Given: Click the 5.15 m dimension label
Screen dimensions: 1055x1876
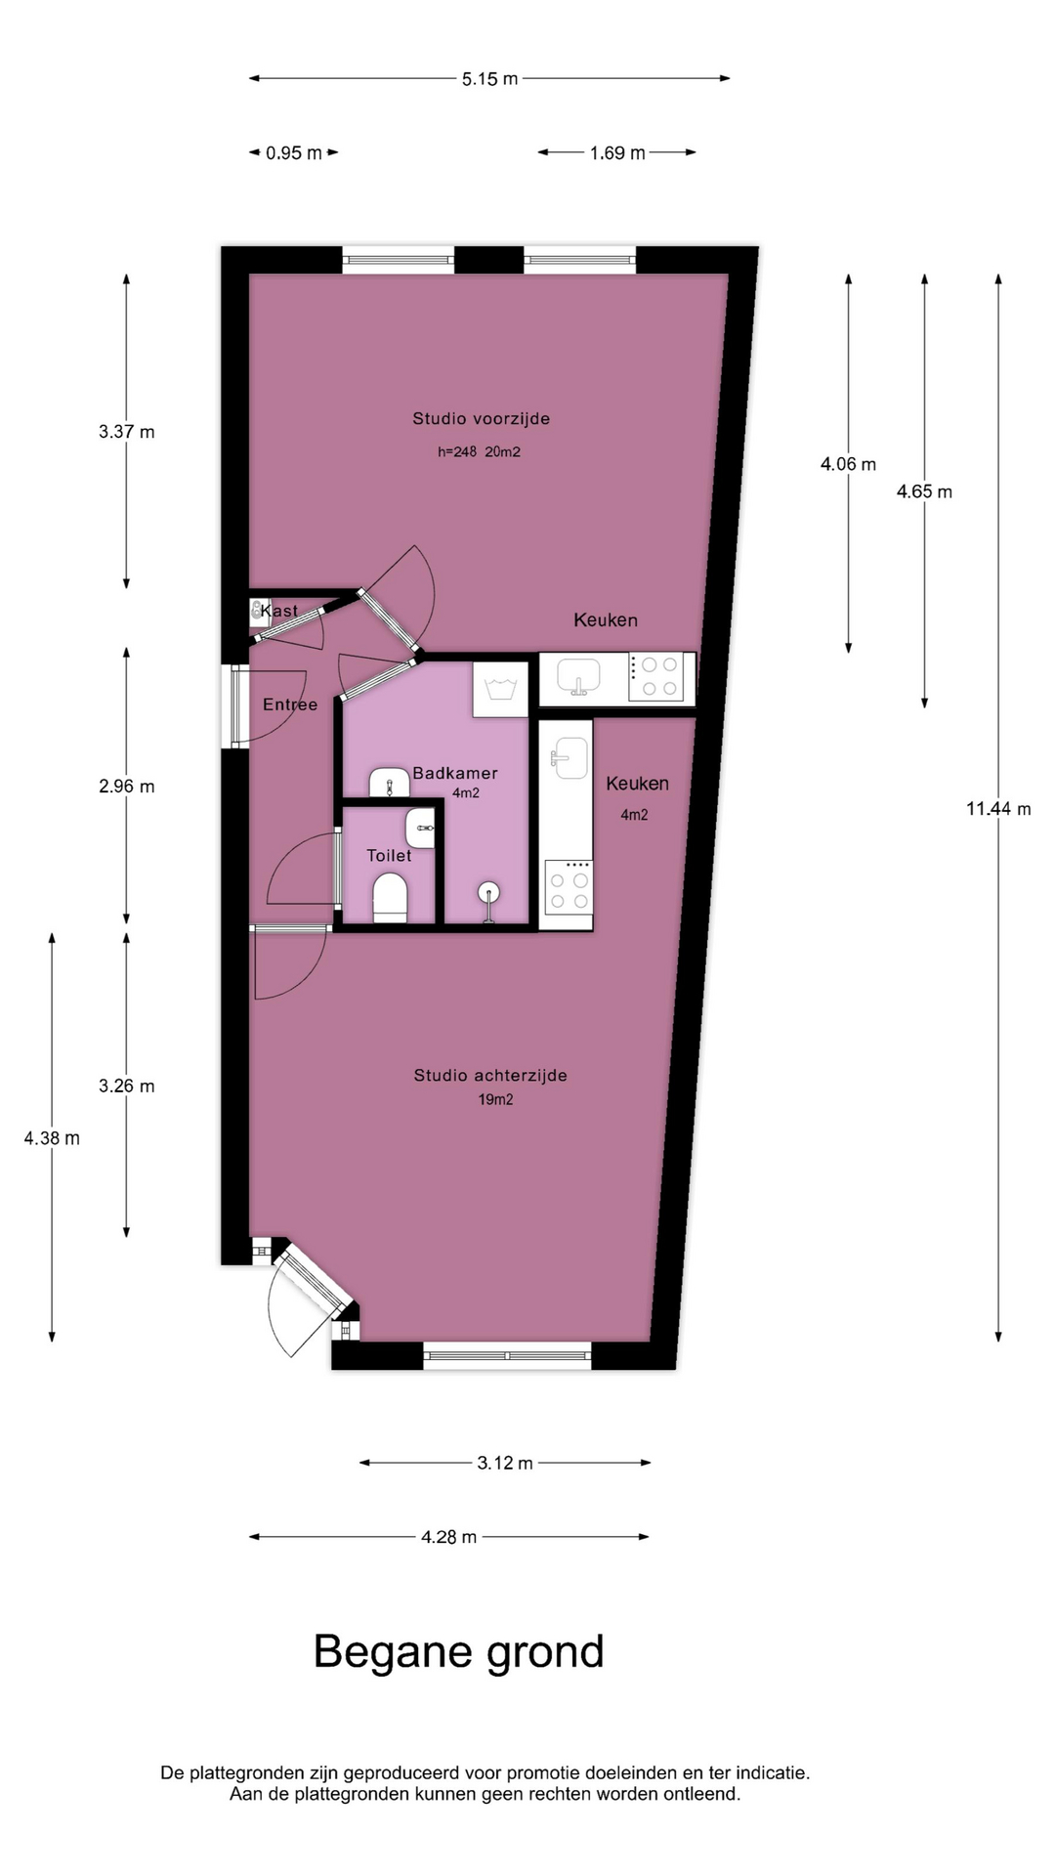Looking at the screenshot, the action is coord(489,79).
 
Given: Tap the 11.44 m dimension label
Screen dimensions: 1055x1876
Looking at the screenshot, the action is coord(998,809).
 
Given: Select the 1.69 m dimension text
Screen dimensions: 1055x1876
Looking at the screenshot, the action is coord(617,152).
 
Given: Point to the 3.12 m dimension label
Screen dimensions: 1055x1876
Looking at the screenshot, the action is coord(505,1463).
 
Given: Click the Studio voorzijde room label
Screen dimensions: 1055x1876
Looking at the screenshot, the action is coord(481,418).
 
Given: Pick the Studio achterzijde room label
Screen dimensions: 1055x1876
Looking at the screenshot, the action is coord(490,1075).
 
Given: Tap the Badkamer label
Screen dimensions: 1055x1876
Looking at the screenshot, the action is coord(455,773).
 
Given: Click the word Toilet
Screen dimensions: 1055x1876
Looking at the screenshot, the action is coord(389,855).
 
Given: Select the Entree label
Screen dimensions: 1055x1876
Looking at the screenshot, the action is coord(290,704).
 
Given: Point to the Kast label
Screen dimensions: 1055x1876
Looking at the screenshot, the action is coord(279,611).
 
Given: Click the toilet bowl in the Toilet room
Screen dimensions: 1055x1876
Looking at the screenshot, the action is coord(390,897).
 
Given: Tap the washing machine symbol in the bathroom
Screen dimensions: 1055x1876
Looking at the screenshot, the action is coord(501,690).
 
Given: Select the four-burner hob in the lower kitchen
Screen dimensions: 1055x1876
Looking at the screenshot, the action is coord(569,886).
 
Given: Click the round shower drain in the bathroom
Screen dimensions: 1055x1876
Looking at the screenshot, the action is coord(489,892).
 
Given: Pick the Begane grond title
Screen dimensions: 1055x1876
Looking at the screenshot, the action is coord(459,1652).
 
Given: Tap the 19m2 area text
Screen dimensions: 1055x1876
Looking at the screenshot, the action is coord(495,1099).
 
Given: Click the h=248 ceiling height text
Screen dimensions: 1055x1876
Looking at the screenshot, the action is coord(456,451).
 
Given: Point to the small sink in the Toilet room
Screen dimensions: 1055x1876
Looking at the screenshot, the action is coord(421,829).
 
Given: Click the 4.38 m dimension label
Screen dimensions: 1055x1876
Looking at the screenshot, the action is coord(52,1138).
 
